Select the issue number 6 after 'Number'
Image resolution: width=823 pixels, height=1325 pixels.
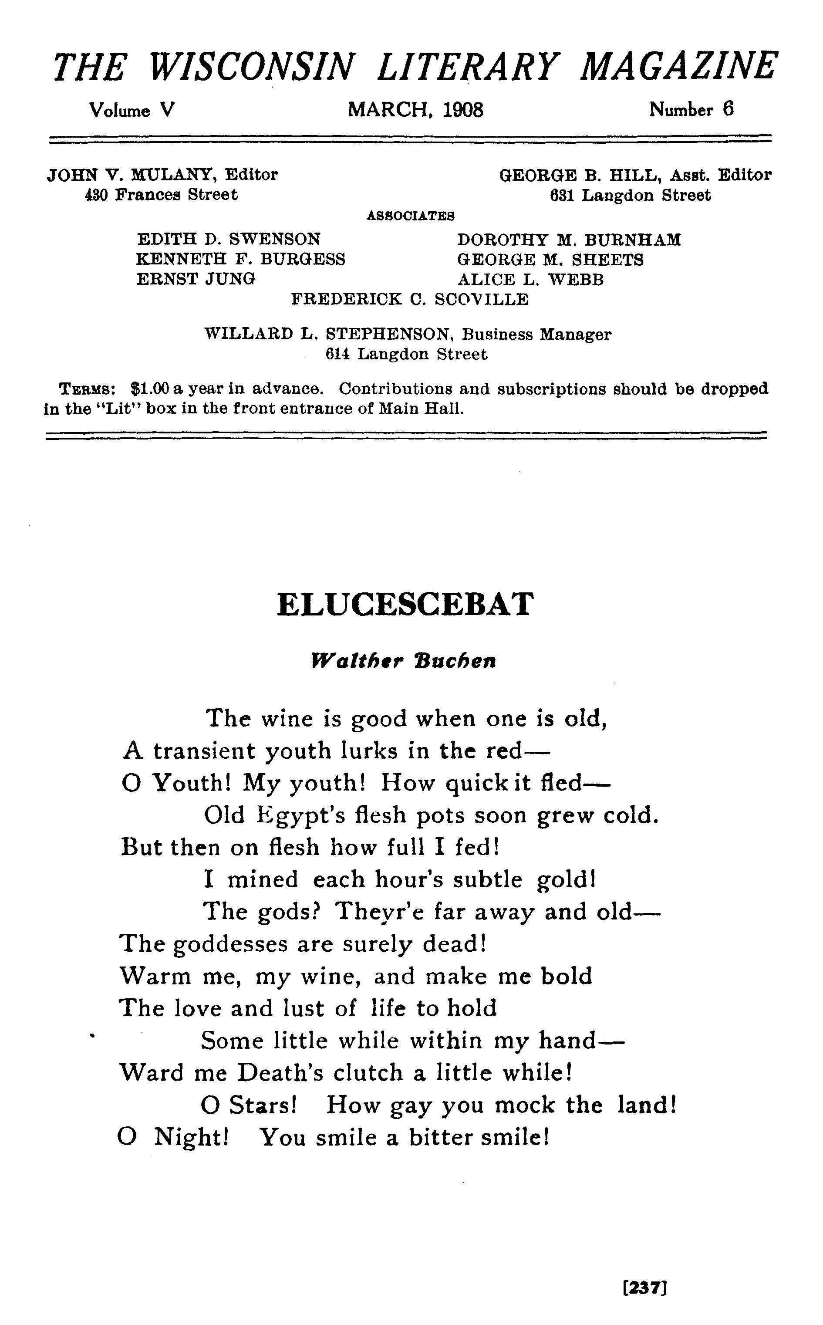coord(728,109)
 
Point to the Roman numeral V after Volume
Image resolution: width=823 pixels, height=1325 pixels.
coord(168,111)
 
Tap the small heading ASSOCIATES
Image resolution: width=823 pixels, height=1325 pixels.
coord(411,216)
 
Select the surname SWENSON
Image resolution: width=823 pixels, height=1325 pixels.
coord(274,239)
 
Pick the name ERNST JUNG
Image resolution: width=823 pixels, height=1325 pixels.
coord(196,279)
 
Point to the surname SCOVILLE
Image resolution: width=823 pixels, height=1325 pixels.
coord(481,299)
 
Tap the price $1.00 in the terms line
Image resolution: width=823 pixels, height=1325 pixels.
coord(150,389)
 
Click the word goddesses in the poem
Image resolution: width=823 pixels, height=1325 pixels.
coord(230,944)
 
